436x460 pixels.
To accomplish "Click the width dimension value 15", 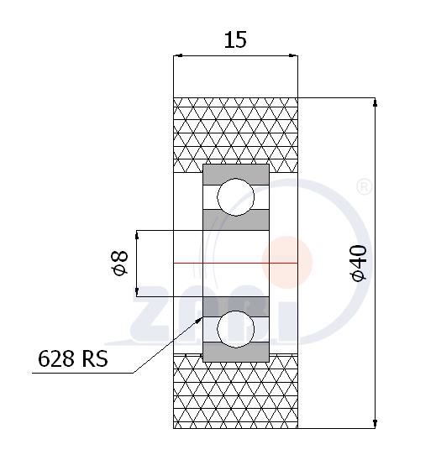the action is tap(235, 40).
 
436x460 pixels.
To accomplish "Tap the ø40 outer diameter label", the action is tap(359, 263).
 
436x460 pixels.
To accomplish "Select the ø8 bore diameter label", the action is tap(120, 263).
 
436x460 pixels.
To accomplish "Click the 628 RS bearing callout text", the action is tap(73, 358).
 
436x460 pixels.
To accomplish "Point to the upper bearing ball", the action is tap(236, 197).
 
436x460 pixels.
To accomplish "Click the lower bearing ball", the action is tap(236, 329).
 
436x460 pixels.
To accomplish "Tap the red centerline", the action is tap(235, 263).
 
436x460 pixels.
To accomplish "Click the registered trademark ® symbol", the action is tap(364, 187).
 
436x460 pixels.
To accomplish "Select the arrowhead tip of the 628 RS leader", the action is tap(202, 317).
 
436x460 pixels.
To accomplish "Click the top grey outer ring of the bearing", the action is tap(236, 175).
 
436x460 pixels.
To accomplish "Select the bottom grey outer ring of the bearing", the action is tap(236, 352).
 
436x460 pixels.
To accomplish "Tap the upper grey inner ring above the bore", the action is tap(236, 220).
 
